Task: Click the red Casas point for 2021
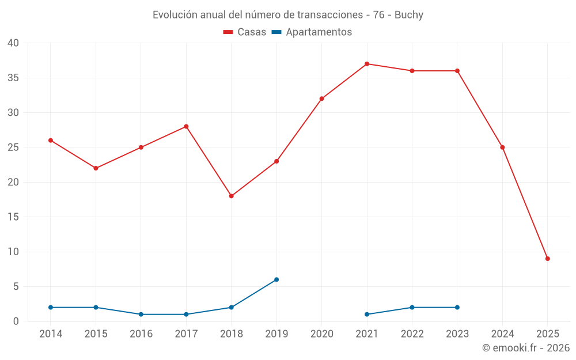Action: coord(367,64)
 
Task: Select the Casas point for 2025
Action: coord(547,259)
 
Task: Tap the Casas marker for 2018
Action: coord(232,196)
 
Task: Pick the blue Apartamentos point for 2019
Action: coord(276,279)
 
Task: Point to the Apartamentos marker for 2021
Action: coord(367,314)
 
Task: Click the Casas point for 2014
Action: coord(51,141)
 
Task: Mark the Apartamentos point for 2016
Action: coord(141,314)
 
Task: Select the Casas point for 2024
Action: coord(502,147)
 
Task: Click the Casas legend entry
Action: coord(245,32)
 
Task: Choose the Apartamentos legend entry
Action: coord(312,32)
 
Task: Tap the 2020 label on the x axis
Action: coord(322,334)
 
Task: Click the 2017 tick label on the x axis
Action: coord(186,334)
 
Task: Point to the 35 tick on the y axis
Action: coord(13,78)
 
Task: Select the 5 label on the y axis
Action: coord(16,287)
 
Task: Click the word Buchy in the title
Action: coord(409,15)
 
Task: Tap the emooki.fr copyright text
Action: coord(526,348)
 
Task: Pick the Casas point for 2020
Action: coord(322,98)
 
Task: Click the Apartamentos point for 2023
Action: coord(457,308)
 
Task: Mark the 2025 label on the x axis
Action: coord(547,334)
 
